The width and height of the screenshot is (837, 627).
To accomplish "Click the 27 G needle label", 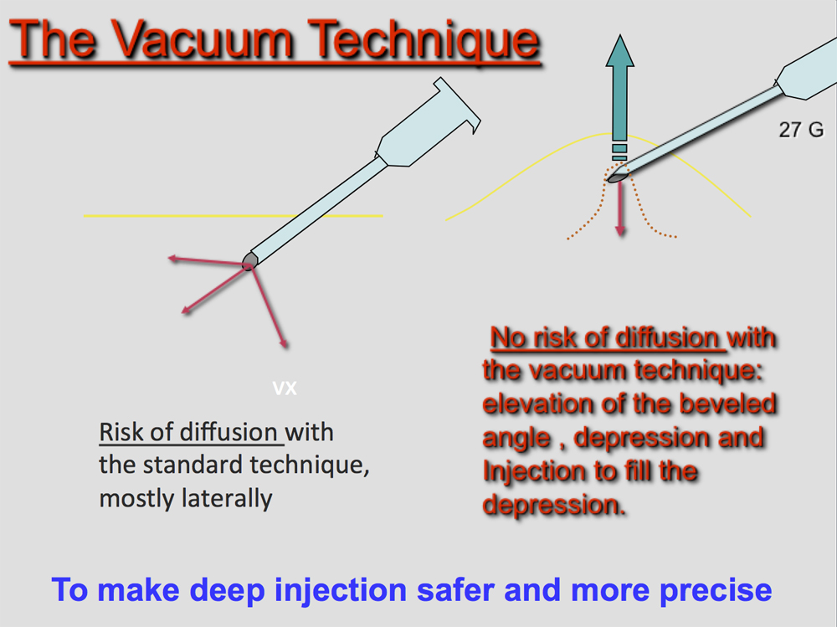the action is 801,129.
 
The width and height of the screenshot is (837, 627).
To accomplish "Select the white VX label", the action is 285,388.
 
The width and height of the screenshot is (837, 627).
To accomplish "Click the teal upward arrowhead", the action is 619,51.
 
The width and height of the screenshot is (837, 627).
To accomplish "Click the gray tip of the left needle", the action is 249,261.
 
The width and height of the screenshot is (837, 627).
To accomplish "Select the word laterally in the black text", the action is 227,499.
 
